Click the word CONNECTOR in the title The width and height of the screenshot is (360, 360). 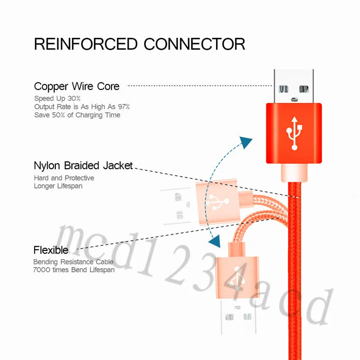(x=194, y=44)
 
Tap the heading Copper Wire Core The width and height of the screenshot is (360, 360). (x=76, y=86)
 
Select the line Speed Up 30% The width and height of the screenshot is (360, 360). (x=58, y=99)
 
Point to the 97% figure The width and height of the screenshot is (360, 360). (x=124, y=107)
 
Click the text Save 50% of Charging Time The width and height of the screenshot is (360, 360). (x=77, y=115)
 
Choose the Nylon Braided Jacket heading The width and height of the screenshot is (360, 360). (x=83, y=166)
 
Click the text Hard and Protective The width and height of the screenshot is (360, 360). (x=64, y=178)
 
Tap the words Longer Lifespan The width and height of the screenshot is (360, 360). (x=58, y=186)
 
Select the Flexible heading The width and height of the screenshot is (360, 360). (x=51, y=250)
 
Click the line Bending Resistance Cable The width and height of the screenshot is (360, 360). (x=73, y=262)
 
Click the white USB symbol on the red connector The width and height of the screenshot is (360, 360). (x=294, y=133)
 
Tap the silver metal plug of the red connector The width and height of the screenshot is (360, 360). (x=294, y=86)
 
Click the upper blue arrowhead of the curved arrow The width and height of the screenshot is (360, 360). (x=246, y=142)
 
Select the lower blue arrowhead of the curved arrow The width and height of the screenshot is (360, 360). (x=215, y=241)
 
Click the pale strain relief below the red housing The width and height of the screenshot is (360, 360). (x=294, y=173)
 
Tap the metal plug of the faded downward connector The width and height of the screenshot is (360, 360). (x=238, y=317)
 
